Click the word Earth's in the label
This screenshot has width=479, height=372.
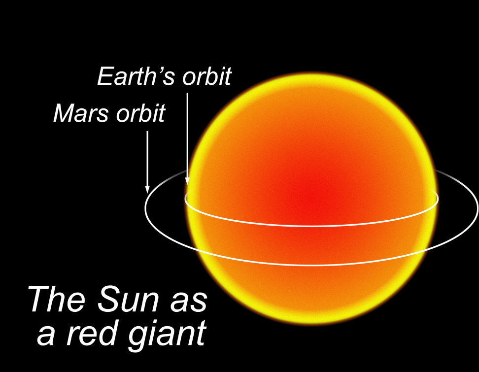[136, 76]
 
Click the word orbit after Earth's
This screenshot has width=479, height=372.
[207, 76]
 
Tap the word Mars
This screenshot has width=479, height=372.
[81, 113]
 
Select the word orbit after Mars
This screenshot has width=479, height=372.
[141, 113]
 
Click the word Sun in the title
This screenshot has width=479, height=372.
[128, 299]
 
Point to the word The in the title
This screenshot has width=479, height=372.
[56, 299]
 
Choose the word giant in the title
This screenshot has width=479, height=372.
[167, 336]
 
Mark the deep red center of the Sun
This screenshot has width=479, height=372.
[308, 199]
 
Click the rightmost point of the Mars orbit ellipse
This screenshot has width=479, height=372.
[477, 208]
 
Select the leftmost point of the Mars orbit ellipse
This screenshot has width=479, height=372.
[145, 208]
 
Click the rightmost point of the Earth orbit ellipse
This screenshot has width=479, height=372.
[438, 199]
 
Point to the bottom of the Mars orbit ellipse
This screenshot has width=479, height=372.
[311, 265]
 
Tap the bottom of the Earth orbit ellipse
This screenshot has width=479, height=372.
[311, 226]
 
